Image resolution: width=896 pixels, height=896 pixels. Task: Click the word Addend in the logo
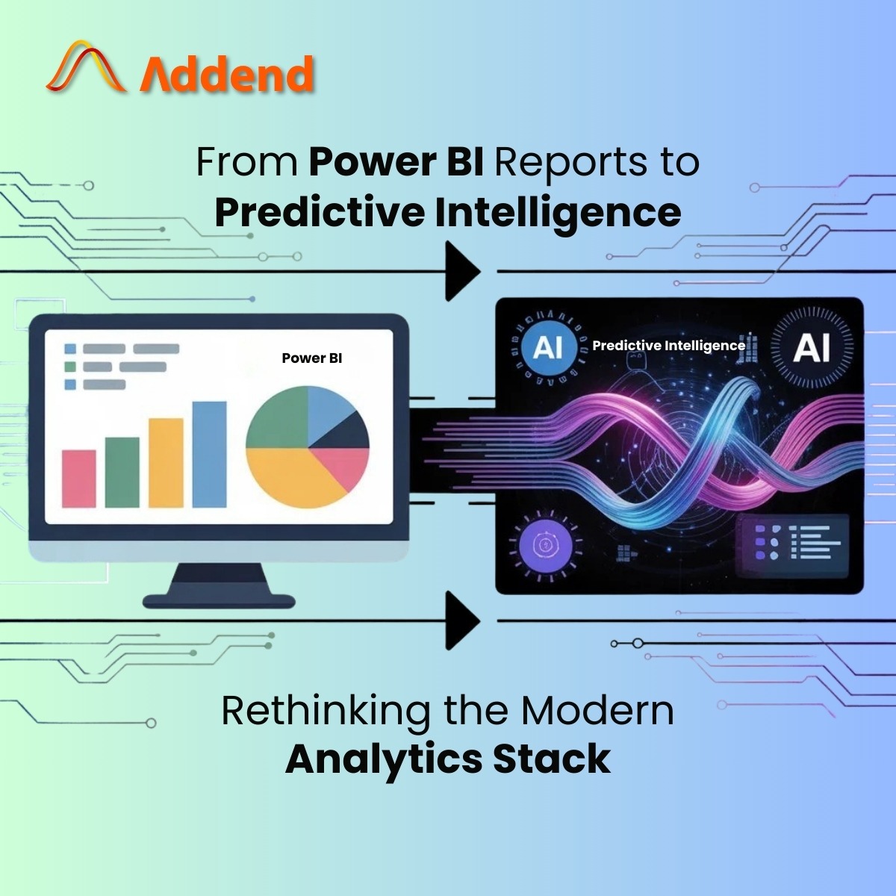[x=226, y=73]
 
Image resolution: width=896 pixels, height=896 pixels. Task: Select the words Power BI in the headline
[x=396, y=162]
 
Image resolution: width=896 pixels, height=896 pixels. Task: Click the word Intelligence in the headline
[x=558, y=214]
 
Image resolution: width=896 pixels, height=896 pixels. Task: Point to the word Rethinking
[x=325, y=712]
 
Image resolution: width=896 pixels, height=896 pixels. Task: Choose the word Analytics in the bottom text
[x=384, y=761]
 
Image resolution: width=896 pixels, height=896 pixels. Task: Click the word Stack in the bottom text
[x=552, y=759]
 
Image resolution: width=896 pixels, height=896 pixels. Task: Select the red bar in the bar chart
[x=78, y=479]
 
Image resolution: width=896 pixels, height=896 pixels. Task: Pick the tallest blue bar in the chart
[x=209, y=454]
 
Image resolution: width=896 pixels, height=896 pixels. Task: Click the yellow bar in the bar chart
[x=166, y=463]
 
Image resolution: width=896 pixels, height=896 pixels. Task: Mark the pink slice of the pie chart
[x=345, y=465]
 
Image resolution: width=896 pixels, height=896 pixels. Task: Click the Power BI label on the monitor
[x=311, y=358]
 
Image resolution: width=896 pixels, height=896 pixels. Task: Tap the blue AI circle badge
[x=549, y=347]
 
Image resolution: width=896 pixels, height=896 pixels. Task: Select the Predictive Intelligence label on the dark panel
[x=668, y=346]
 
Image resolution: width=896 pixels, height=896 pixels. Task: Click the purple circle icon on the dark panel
[x=545, y=544]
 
